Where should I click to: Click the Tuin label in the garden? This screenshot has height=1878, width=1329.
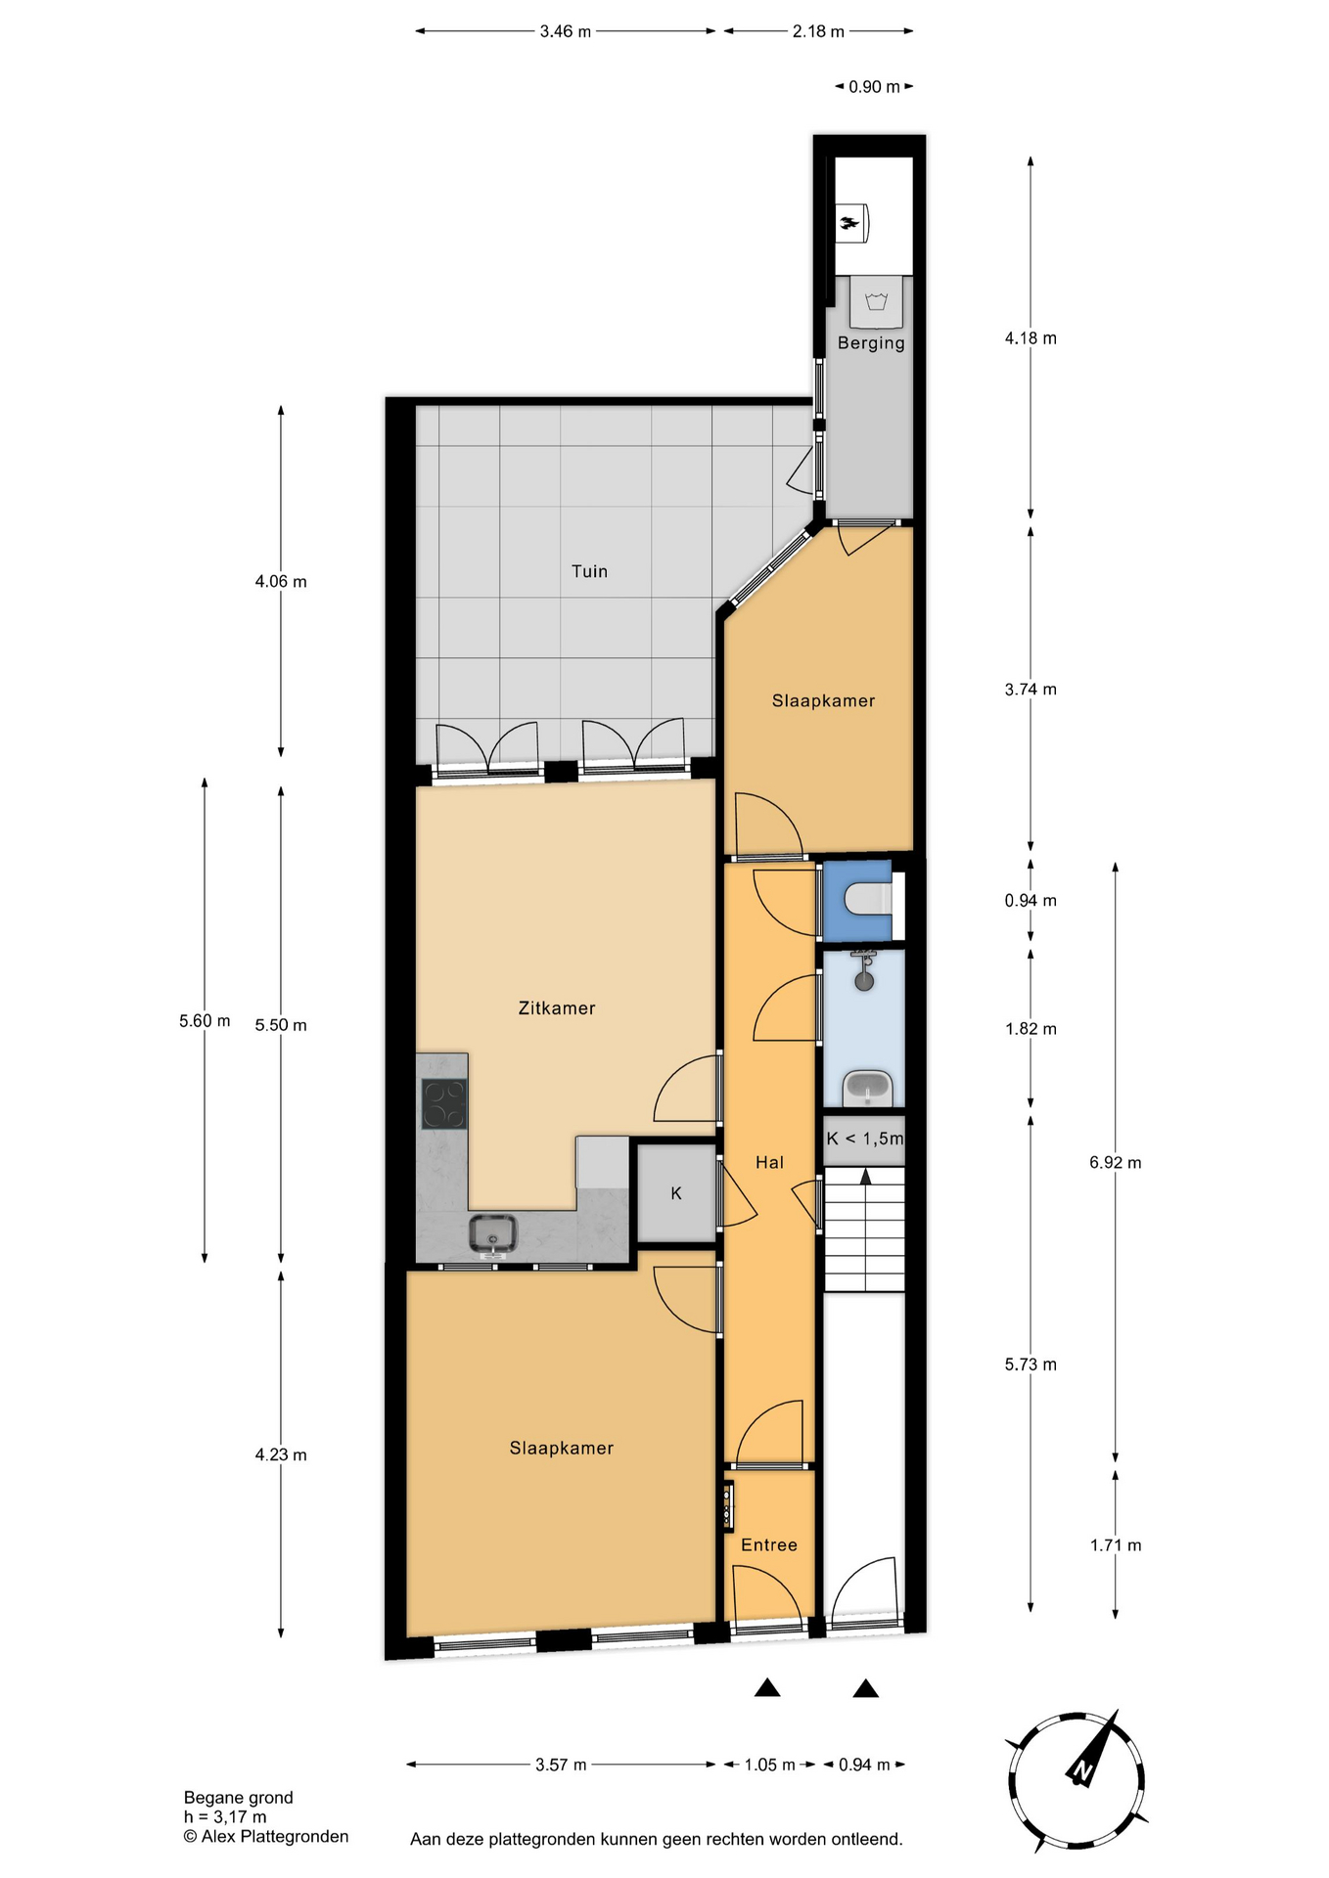coord(589,571)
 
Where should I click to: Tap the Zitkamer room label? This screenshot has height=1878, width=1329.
coord(557,1007)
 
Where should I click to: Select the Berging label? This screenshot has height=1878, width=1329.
coord(871,343)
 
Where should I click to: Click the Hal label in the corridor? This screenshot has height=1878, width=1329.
coord(769,1162)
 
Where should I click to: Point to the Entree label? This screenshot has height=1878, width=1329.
coord(769,1544)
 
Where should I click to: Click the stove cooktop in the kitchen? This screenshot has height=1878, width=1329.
coord(443,1103)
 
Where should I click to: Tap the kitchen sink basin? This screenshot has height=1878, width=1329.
coord(492,1234)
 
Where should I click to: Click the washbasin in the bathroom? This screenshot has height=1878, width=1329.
coord(867,1088)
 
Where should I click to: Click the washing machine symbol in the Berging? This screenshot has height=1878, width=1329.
coord(876,301)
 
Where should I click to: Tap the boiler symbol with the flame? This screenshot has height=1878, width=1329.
coord(851,223)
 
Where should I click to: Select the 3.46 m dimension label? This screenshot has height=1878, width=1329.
coord(566,31)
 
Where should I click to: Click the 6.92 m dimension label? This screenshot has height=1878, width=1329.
coord(1116,1162)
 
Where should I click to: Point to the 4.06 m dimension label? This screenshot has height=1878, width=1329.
coord(281,581)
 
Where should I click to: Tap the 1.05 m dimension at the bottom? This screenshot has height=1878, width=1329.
coord(769,1765)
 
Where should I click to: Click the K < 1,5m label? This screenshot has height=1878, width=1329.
coord(865,1139)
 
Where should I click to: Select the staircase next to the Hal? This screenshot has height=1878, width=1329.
coord(864,1230)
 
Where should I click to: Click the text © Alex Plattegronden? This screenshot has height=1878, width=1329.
coord(266,1836)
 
